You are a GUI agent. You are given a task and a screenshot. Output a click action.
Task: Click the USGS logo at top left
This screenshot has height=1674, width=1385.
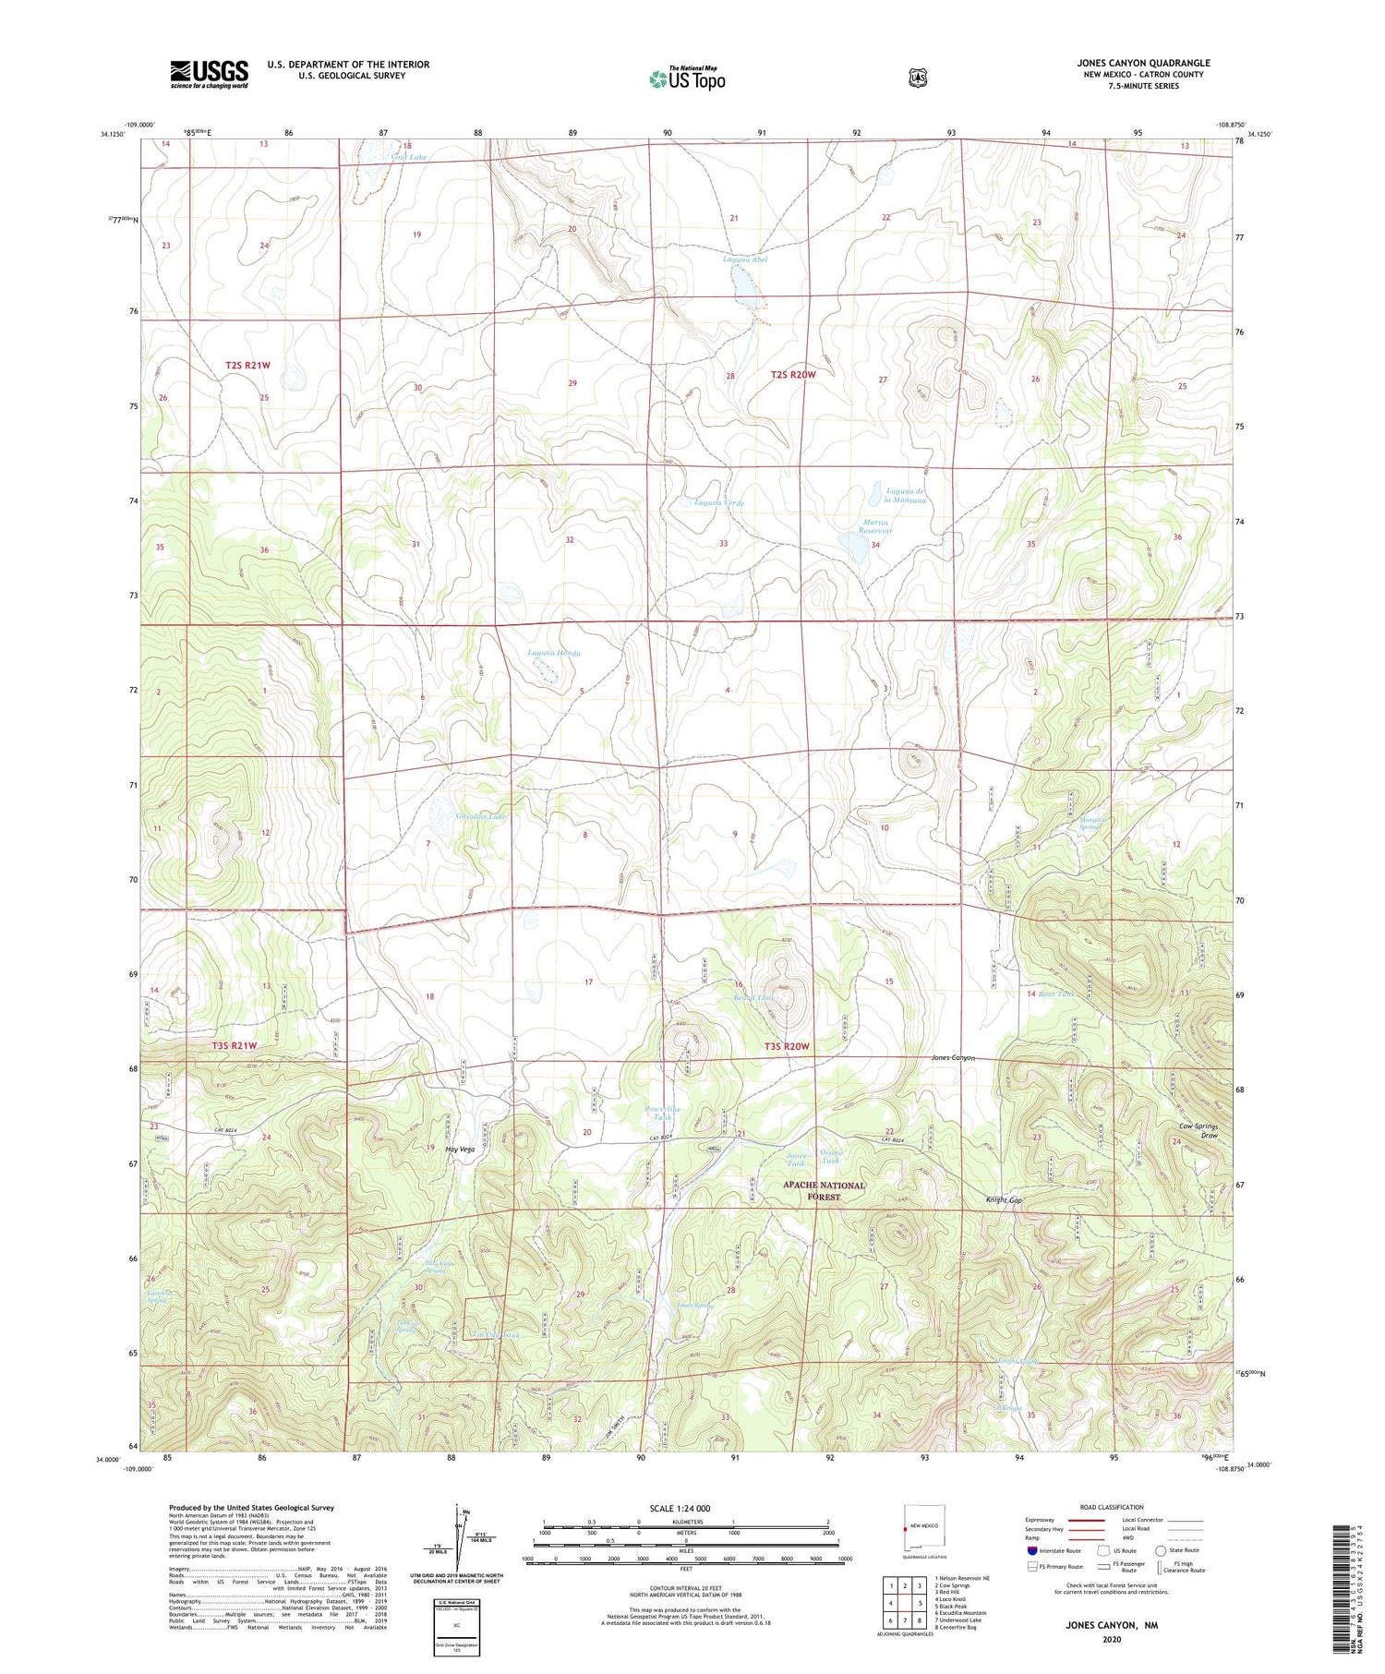209,73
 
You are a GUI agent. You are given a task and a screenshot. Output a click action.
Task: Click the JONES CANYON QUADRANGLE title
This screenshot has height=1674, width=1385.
1143,63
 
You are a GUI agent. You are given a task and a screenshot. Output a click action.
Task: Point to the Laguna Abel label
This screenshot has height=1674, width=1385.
744,259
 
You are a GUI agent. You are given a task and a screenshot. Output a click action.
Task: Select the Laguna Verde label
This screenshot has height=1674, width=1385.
718,502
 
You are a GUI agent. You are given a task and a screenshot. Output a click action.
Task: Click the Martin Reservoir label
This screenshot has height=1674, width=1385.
876,526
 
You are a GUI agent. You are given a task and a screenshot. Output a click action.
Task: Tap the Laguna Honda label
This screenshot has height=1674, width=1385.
554,653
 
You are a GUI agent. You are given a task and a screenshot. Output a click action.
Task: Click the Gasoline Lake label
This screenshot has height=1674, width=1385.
481,816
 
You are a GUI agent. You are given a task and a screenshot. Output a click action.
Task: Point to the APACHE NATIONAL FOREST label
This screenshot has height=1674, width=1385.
825,1190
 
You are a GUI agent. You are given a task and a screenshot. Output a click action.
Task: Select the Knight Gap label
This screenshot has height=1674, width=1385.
1004,1200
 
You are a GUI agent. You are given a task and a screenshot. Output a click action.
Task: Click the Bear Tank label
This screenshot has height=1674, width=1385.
1056,994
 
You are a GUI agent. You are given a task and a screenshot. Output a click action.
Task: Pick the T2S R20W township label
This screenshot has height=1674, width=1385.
793,374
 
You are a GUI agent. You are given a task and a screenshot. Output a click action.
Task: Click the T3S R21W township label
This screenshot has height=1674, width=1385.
235,1045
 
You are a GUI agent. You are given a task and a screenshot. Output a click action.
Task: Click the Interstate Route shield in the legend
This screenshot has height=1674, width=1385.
1031,1550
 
